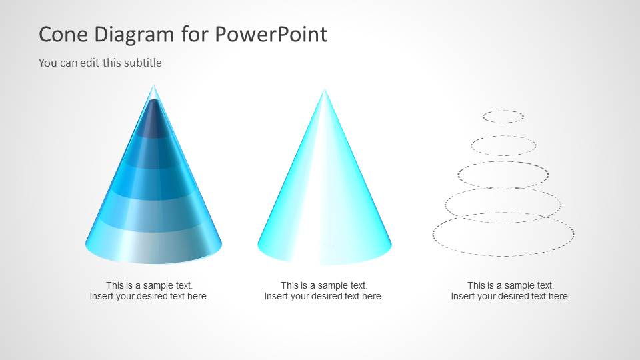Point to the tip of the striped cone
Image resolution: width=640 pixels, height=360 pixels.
coord(154,87)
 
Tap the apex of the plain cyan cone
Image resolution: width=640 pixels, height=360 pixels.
coord(325,91)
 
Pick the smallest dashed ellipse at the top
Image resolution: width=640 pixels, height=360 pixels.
coord(503,117)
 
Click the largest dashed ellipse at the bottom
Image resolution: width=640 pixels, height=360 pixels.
coord(503,235)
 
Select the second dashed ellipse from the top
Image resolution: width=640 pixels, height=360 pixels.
coord(503,146)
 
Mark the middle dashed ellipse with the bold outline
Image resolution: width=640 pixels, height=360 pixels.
coord(503,175)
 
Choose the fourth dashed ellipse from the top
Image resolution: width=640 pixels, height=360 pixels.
coord(503,205)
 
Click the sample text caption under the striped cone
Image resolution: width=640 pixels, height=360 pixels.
coord(149,291)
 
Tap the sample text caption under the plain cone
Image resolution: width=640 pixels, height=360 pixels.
coord(324,291)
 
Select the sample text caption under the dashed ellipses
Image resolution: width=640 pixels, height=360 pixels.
coord(511,291)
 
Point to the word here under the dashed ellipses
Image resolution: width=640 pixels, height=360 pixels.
coord(559,296)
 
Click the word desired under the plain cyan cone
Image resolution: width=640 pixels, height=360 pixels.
coord(328,296)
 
